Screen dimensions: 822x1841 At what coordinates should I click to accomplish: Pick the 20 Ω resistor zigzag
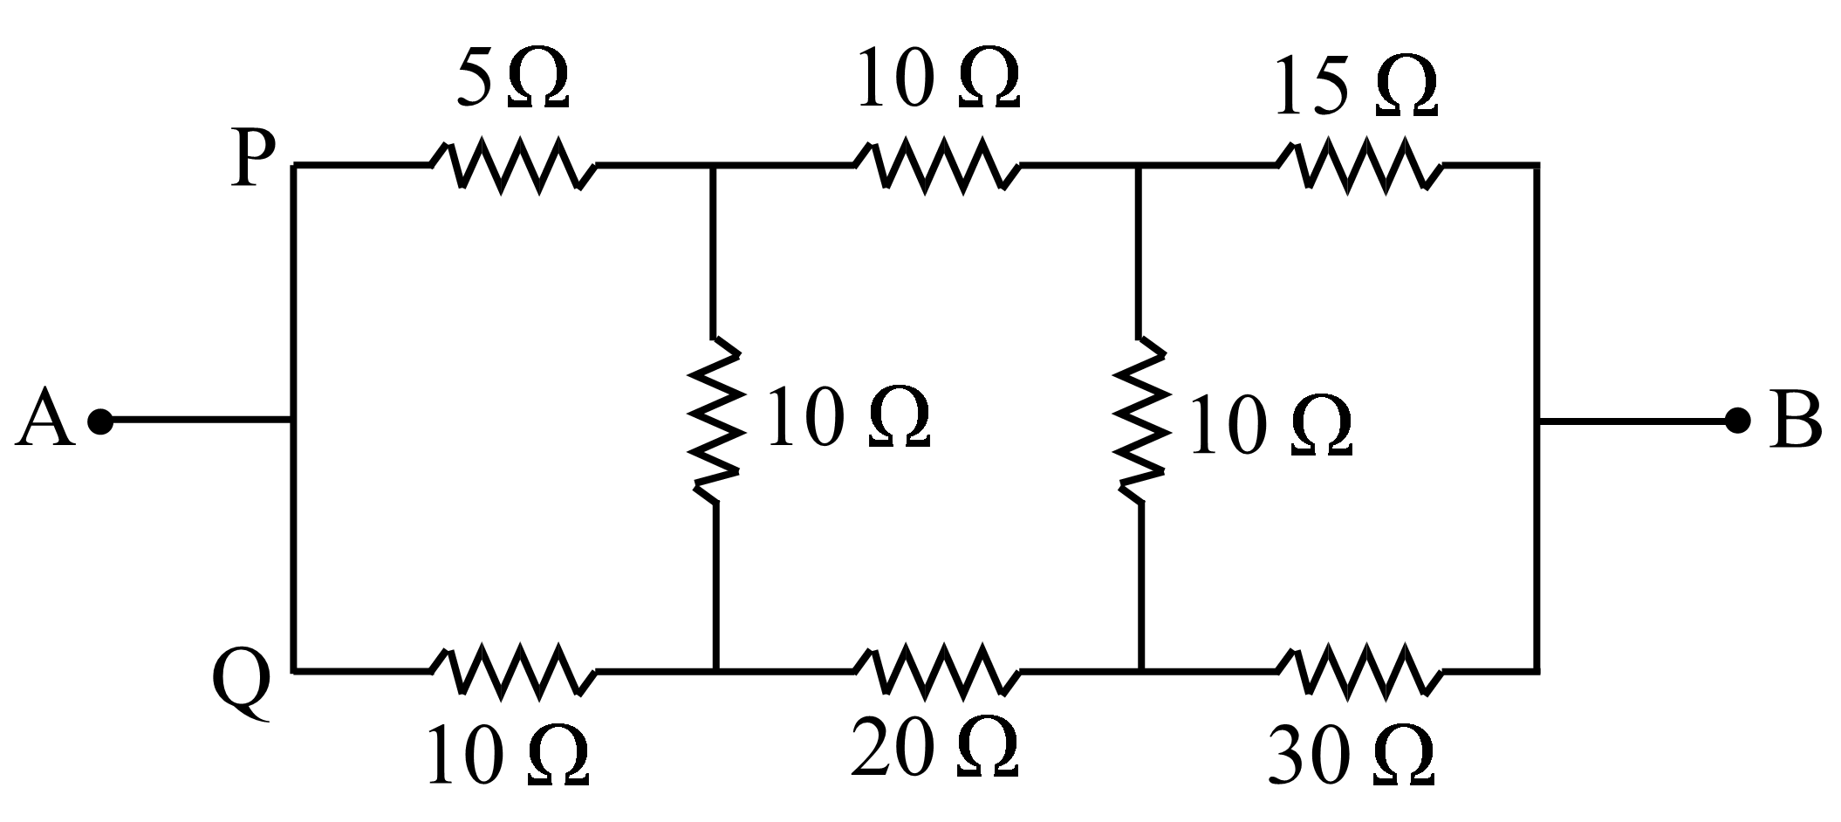coord(936,671)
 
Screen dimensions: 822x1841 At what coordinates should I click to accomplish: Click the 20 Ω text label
coord(934,748)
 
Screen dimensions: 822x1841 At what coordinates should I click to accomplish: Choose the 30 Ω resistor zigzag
coord(1359,671)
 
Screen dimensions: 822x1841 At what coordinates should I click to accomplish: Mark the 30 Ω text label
coord(1352,757)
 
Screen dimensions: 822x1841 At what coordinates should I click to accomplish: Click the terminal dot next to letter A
coord(100,421)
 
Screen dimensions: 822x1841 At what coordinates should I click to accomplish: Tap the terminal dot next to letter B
coord(1738,421)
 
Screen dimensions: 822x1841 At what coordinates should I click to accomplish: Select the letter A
coord(44,419)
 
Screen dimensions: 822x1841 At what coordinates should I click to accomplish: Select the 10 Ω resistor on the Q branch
coord(513,671)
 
